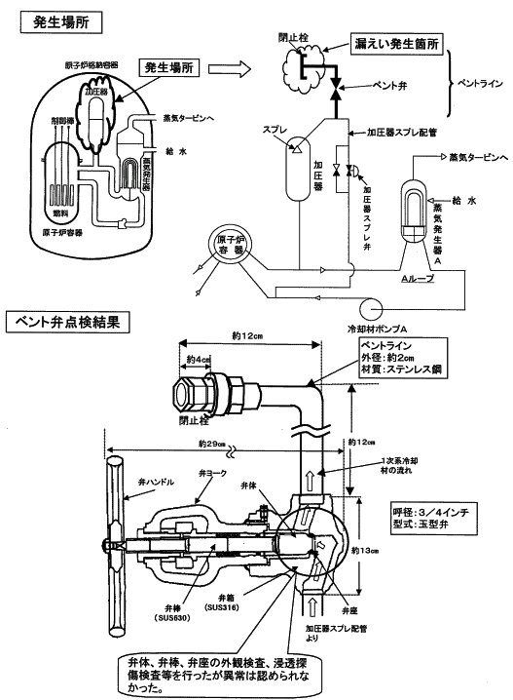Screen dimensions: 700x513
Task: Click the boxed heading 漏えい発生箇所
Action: [395, 46]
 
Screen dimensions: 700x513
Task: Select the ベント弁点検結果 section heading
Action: [66, 321]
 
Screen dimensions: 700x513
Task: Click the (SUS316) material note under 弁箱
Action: [229, 607]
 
